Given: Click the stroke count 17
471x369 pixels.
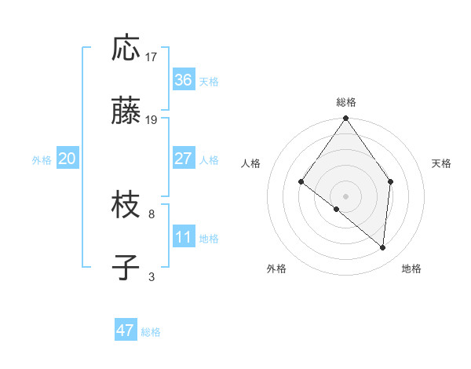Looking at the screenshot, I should (x=152, y=57).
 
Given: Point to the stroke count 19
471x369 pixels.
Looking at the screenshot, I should (x=152, y=120).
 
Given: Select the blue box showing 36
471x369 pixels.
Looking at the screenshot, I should (x=183, y=80).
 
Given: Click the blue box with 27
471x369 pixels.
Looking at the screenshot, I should (x=183, y=159).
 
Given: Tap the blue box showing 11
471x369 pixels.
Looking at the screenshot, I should (x=183, y=237).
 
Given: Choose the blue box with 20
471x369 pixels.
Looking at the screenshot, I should (x=67, y=159).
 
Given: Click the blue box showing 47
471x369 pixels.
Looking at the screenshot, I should (x=125, y=331).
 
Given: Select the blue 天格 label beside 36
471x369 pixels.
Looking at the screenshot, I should (x=209, y=82).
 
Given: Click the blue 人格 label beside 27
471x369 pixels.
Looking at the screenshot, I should (x=209, y=160).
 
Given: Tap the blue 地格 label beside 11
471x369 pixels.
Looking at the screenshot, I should (x=209, y=239).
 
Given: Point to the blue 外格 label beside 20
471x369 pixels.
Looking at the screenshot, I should (x=42, y=160).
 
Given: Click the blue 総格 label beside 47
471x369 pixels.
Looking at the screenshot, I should (x=151, y=332).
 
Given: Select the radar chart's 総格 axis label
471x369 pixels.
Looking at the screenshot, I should (x=345, y=102).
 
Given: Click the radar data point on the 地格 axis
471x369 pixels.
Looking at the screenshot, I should (x=383, y=247).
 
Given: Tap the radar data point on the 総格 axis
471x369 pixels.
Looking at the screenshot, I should (x=345, y=119).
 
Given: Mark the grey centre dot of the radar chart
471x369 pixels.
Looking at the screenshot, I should (x=345, y=195).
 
